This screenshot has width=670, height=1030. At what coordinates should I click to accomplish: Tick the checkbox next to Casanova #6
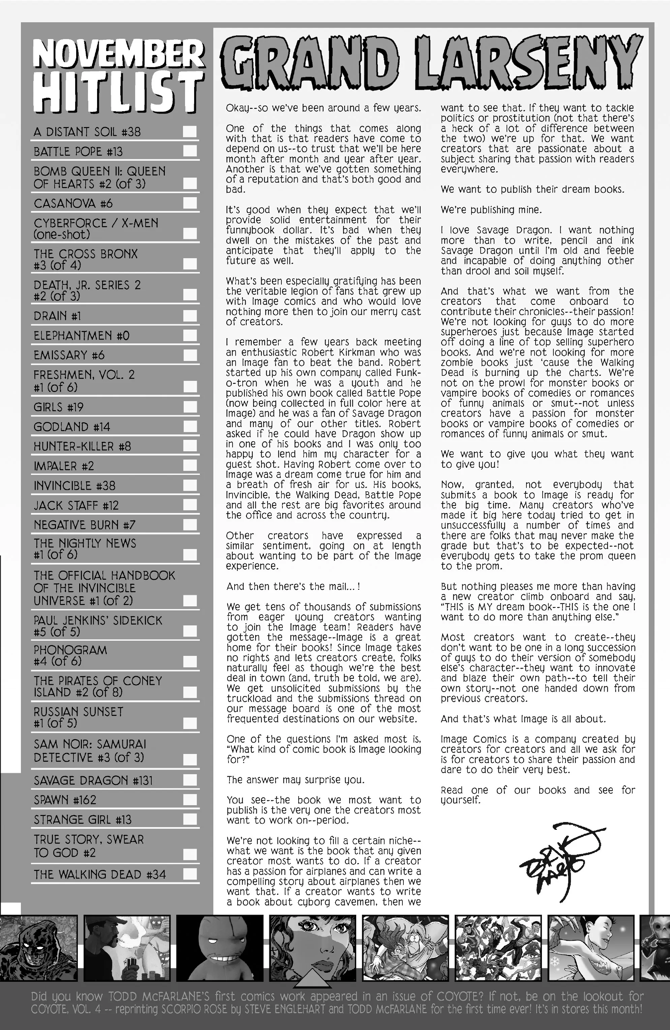[189, 203]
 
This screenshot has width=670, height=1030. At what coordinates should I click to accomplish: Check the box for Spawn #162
[189, 800]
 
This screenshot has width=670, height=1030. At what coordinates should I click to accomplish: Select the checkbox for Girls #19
[189, 407]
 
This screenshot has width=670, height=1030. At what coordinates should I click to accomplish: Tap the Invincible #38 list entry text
[74, 486]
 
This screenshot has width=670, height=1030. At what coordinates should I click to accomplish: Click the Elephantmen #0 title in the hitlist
[81, 336]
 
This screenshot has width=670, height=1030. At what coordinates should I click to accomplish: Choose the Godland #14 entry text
[72, 427]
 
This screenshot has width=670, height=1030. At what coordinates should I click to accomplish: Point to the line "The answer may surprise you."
[296, 780]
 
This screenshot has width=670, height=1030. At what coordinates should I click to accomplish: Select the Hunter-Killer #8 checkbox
[189, 446]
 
